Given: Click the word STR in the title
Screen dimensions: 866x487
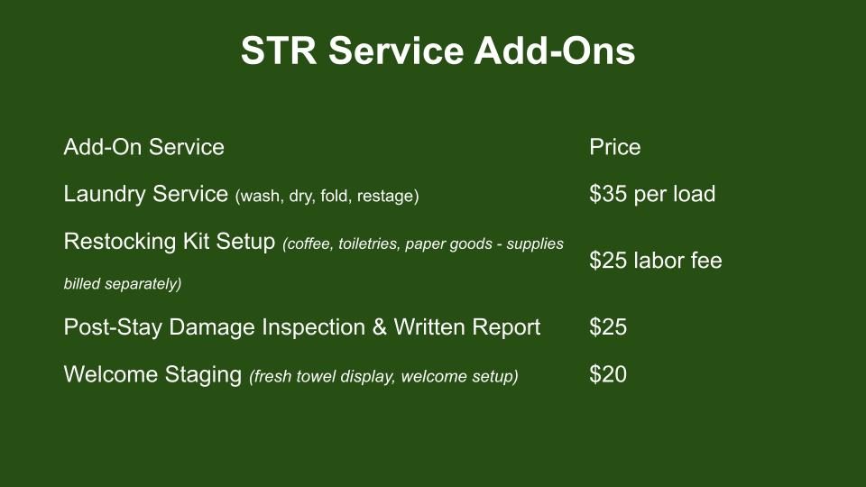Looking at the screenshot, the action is (x=279, y=51).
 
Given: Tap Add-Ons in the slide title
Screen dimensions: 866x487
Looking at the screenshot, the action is (x=555, y=51).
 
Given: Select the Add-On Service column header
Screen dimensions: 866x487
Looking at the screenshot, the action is (x=144, y=147).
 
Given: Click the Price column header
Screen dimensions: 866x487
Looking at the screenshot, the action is (x=614, y=147).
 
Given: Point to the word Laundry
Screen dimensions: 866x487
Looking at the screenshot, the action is (x=105, y=195).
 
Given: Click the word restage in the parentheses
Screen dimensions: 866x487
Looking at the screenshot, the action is (x=388, y=197).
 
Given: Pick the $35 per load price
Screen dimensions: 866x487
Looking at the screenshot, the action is (x=652, y=195).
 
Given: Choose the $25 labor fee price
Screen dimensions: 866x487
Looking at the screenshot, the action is (x=656, y=261).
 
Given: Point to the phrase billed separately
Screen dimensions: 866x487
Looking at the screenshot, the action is (x=123, y=284).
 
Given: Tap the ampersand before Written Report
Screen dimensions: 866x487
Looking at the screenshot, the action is (x=380, y=327).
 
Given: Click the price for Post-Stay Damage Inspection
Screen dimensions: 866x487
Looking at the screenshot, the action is (x=608, y=327).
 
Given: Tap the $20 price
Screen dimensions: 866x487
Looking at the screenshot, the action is (x=608, y=375).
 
